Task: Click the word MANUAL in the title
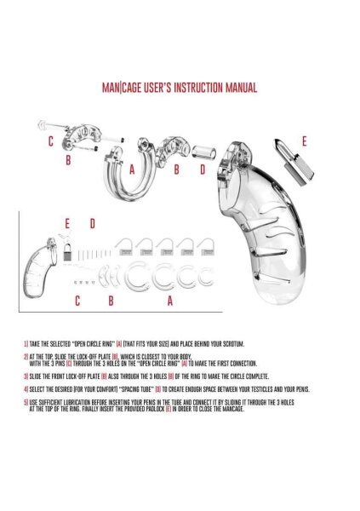click(x=237, y=88)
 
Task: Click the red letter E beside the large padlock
click(x=304, y=140)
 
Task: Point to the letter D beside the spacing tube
click(x=202, y=169)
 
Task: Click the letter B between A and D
click(x=177, y=169)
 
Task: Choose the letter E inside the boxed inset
click(x=67, y=223)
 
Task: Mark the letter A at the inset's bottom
click(x=170, y=301)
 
